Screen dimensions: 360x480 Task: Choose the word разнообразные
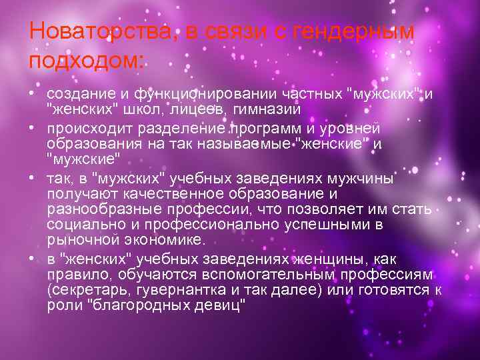pos(97,209)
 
